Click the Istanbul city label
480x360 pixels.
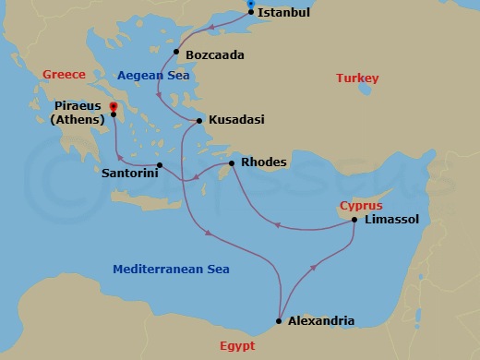coord(284,13)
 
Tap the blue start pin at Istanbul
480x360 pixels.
coord(251,6)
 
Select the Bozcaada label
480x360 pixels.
coord(215,55)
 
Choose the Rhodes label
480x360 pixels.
coord(263,162)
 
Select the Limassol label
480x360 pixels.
coord(391,219)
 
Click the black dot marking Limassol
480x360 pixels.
coord(354,219)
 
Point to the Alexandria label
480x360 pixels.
coord(321,321)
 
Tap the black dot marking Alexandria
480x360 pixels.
coord(278,321)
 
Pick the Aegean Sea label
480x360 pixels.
coord(153,75)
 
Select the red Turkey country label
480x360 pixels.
coord(357,78)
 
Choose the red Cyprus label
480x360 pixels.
coord(361,205)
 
